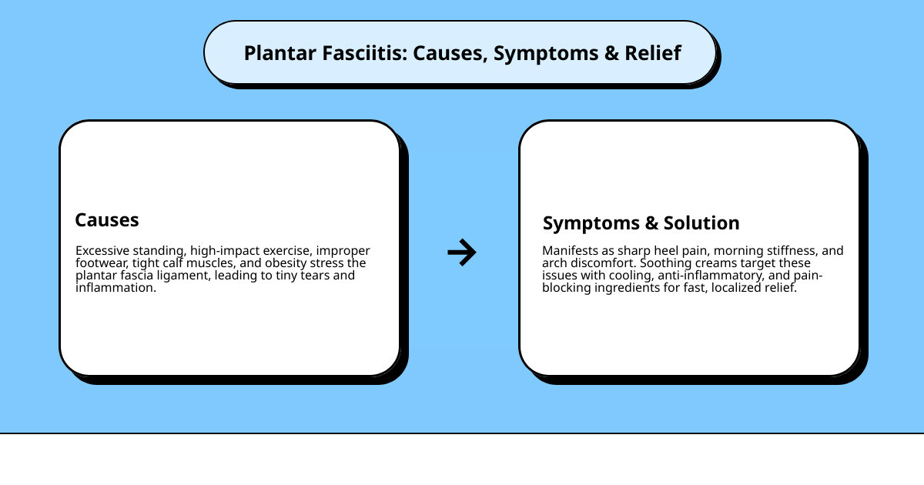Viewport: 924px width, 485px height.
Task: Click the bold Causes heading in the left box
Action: point(107,220)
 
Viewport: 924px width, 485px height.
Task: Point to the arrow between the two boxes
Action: point(462,252)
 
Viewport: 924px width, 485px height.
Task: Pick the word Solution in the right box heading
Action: point(701,223)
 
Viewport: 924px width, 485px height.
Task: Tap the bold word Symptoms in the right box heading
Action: point(591,223)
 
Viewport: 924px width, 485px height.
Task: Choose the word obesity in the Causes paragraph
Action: point(290,263)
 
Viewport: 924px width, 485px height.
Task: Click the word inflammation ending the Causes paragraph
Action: point(115,288)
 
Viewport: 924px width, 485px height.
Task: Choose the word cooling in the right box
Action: point(621,276)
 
